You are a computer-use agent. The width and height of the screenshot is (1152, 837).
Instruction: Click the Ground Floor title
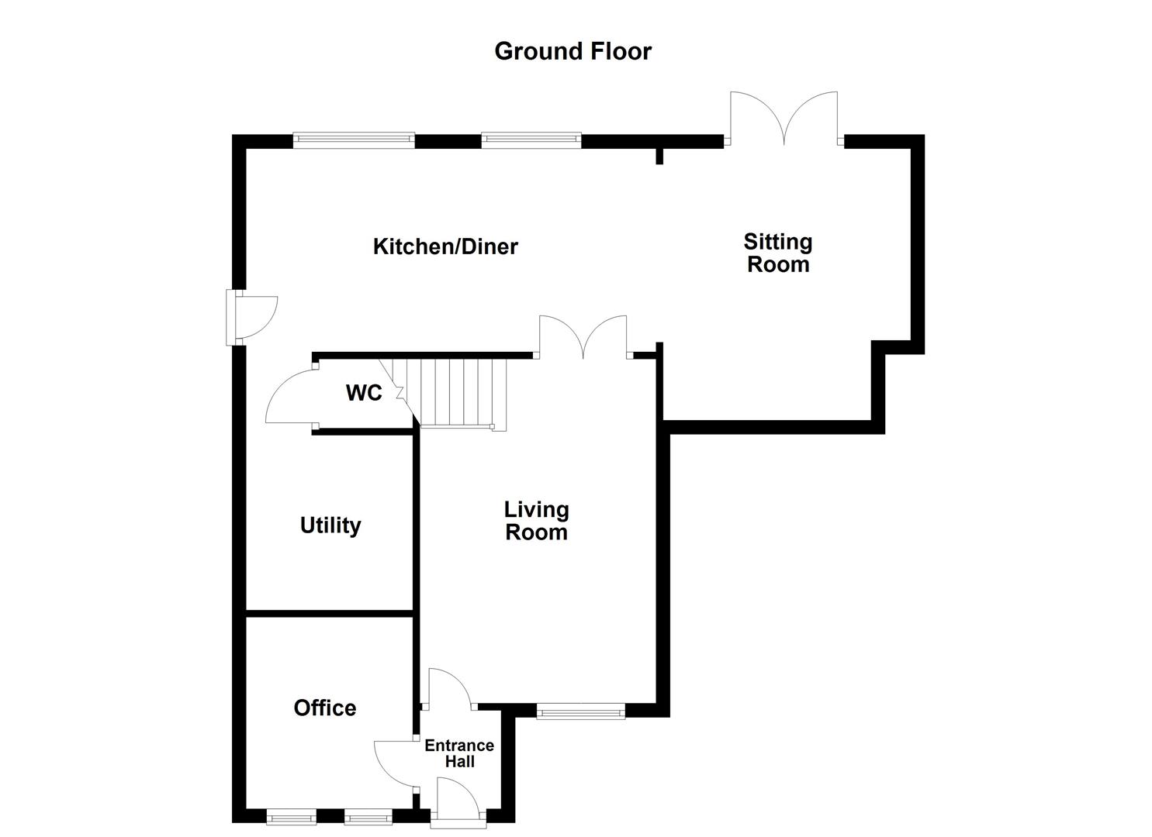[573, 51]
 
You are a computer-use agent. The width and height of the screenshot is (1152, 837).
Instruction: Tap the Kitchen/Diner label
[445, 246]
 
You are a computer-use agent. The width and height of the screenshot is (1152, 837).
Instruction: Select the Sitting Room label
[777, 253]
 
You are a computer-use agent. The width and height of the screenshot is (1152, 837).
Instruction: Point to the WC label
[364, 393]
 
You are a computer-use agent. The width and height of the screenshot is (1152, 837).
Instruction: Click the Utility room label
[330, 525]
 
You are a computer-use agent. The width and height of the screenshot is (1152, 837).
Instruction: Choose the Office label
[325, 708]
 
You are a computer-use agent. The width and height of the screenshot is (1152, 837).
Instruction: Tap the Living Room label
[536, 521]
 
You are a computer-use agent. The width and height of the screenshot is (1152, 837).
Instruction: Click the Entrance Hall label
[459, 753]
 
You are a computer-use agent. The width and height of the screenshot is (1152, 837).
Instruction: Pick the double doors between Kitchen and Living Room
[583, 337]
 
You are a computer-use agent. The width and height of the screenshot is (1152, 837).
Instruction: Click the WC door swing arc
[287, 397]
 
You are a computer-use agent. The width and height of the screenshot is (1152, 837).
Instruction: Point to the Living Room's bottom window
[580, 711]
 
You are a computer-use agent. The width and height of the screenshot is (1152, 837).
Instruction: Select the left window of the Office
[291, 816]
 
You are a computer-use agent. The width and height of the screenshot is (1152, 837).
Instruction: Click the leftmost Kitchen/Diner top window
[354, 140]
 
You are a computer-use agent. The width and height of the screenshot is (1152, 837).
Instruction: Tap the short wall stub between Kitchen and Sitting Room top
[659, 155]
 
